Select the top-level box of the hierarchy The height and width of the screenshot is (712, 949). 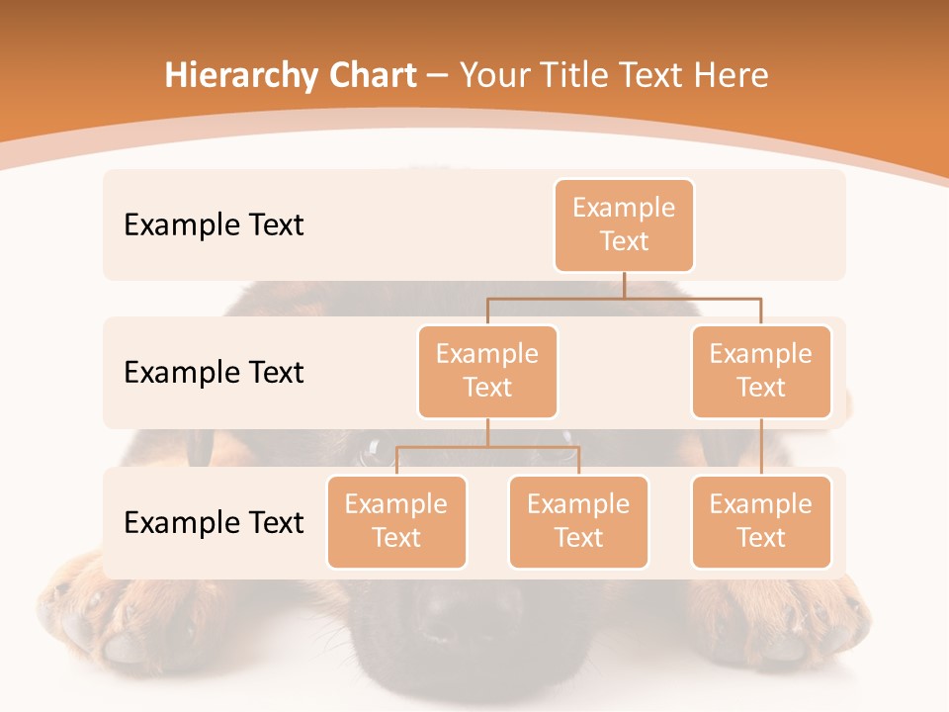pos(624,224)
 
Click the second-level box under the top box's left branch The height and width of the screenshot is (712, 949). pos(487,371)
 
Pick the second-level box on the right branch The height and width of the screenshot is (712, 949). pos(761,371)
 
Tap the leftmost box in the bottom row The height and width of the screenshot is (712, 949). pos(396,521)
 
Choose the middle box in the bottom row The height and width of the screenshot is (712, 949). pos(578,521)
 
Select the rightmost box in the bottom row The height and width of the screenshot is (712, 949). pos(761,521)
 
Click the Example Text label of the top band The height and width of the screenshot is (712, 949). pos(214,224)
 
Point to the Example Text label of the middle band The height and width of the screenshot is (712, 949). pos(214,372)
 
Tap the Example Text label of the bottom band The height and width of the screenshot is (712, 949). pos(214,522)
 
